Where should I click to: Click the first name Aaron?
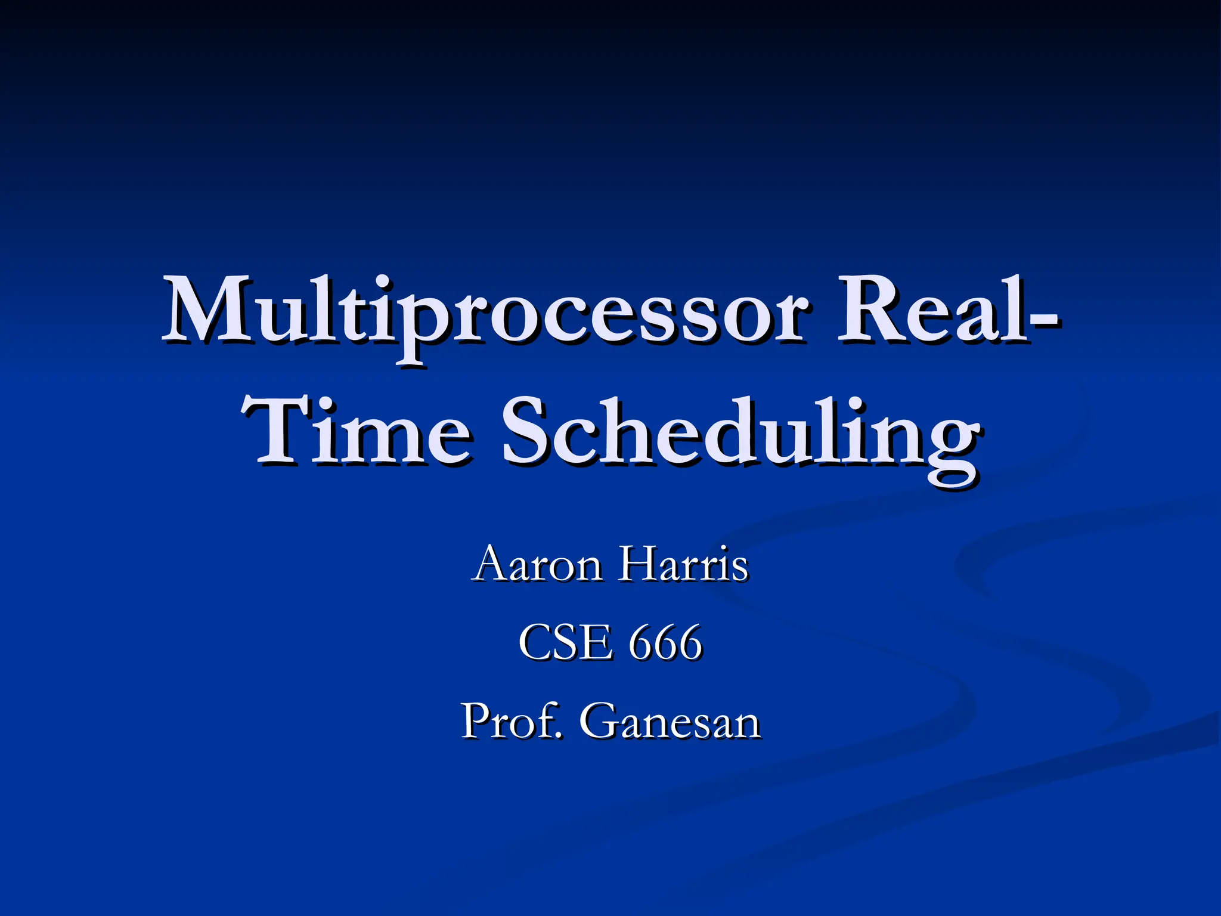coord(537,564)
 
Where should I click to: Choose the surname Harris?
coord(683,564)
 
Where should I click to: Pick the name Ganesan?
coord(670,722)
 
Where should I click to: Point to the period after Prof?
coord(559,735)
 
